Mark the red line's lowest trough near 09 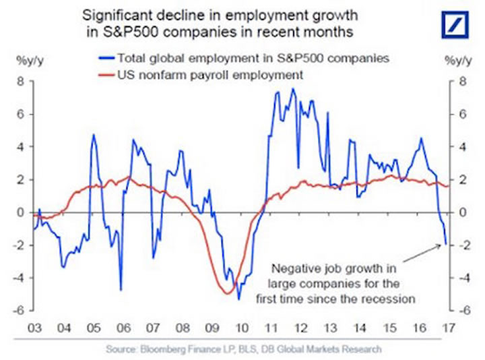[226, 292]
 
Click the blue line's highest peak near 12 [292, 89]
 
